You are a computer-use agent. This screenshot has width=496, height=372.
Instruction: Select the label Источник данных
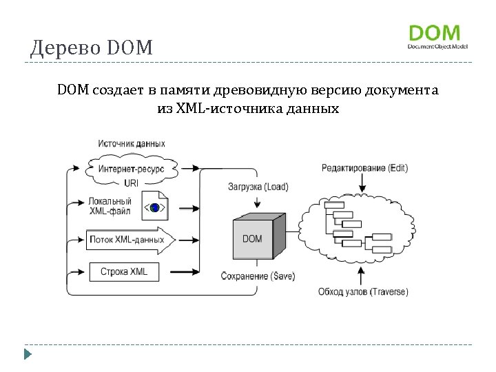(x=132, y=144)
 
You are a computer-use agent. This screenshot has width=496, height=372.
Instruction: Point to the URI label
(x=131, y=183)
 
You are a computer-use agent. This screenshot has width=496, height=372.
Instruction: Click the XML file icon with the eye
(x=155, y=206)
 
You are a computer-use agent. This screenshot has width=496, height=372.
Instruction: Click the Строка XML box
(x=124, y=271)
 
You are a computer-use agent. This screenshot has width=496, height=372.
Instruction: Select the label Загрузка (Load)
(x=258, y=187)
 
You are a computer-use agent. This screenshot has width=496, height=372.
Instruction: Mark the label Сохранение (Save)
(x=258, y=276)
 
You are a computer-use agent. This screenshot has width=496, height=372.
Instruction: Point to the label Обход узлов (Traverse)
(x=362, y=291)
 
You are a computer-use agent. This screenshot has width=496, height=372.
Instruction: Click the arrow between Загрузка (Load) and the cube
(x=257, y=201)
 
